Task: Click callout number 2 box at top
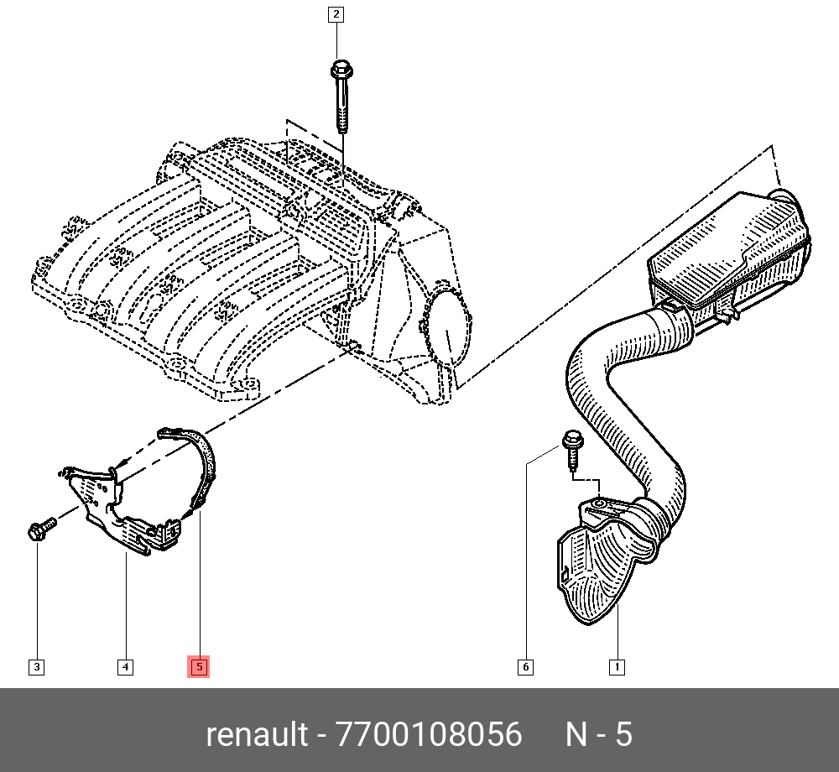[336, 13]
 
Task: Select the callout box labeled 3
[36, 668]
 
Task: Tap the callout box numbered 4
[124, 668]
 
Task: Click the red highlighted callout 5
[199, 668]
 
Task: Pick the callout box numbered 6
[525, 668]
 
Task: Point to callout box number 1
[616, 668]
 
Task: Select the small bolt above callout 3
[40, 529]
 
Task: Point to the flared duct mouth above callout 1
[600, 571]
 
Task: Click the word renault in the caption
[257, 735]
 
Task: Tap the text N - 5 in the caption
[598, 735]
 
